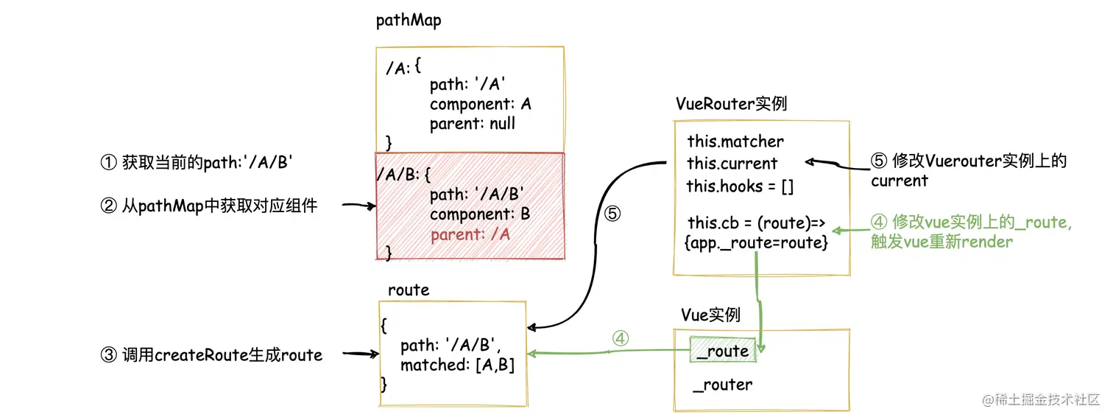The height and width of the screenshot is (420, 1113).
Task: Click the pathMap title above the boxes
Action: point(409,20)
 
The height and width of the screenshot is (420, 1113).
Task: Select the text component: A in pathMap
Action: point(480,105)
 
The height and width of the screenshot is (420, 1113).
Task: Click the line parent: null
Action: point(472,124)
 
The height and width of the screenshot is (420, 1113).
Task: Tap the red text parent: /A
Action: point(470,234)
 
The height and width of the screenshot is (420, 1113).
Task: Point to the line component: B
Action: point(479,214)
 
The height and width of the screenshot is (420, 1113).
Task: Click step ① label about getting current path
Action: point(197,163)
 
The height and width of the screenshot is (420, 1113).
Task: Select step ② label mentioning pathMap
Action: point(208,206)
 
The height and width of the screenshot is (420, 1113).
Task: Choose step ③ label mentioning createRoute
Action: point(211,355)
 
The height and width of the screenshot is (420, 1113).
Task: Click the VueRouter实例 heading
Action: point(730,104)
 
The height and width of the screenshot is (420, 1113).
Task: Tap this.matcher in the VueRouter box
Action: point(735,141)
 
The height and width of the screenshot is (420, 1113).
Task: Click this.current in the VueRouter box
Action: point(732,164)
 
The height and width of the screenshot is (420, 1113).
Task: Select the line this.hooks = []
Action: point(740,186)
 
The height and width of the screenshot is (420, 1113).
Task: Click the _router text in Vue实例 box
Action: point(723,385)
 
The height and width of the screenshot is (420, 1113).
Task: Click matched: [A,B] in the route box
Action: point(457,365)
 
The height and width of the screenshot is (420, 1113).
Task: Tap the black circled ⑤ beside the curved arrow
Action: point(612,214)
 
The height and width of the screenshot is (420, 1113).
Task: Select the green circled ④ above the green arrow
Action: point(621,337)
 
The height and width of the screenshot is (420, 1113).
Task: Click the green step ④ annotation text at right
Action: point(970,231)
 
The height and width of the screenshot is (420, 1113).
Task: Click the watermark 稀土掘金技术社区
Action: point(1040,400)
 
